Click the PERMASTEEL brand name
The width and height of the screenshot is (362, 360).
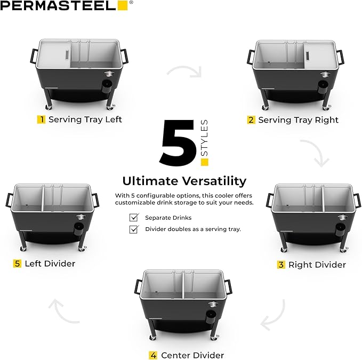[58, 6]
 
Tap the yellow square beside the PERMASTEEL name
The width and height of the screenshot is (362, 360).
[122, 6]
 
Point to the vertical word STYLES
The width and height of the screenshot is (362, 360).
[204, 138]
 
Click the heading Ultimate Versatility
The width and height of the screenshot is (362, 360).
[184, 180]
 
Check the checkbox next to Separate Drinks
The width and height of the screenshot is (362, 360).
[134, 218]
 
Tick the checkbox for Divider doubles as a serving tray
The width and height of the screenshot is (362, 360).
[134, 229]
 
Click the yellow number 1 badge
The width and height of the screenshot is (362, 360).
[41, 119]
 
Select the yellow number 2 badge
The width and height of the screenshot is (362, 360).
[251, 120]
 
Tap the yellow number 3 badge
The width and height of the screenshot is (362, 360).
[281, 265]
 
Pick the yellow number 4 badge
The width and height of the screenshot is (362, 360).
[153, 355]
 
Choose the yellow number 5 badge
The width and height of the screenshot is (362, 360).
[18, 263]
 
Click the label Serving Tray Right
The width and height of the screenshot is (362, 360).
[298, 120]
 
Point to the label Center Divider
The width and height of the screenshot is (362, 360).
[192, 355]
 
